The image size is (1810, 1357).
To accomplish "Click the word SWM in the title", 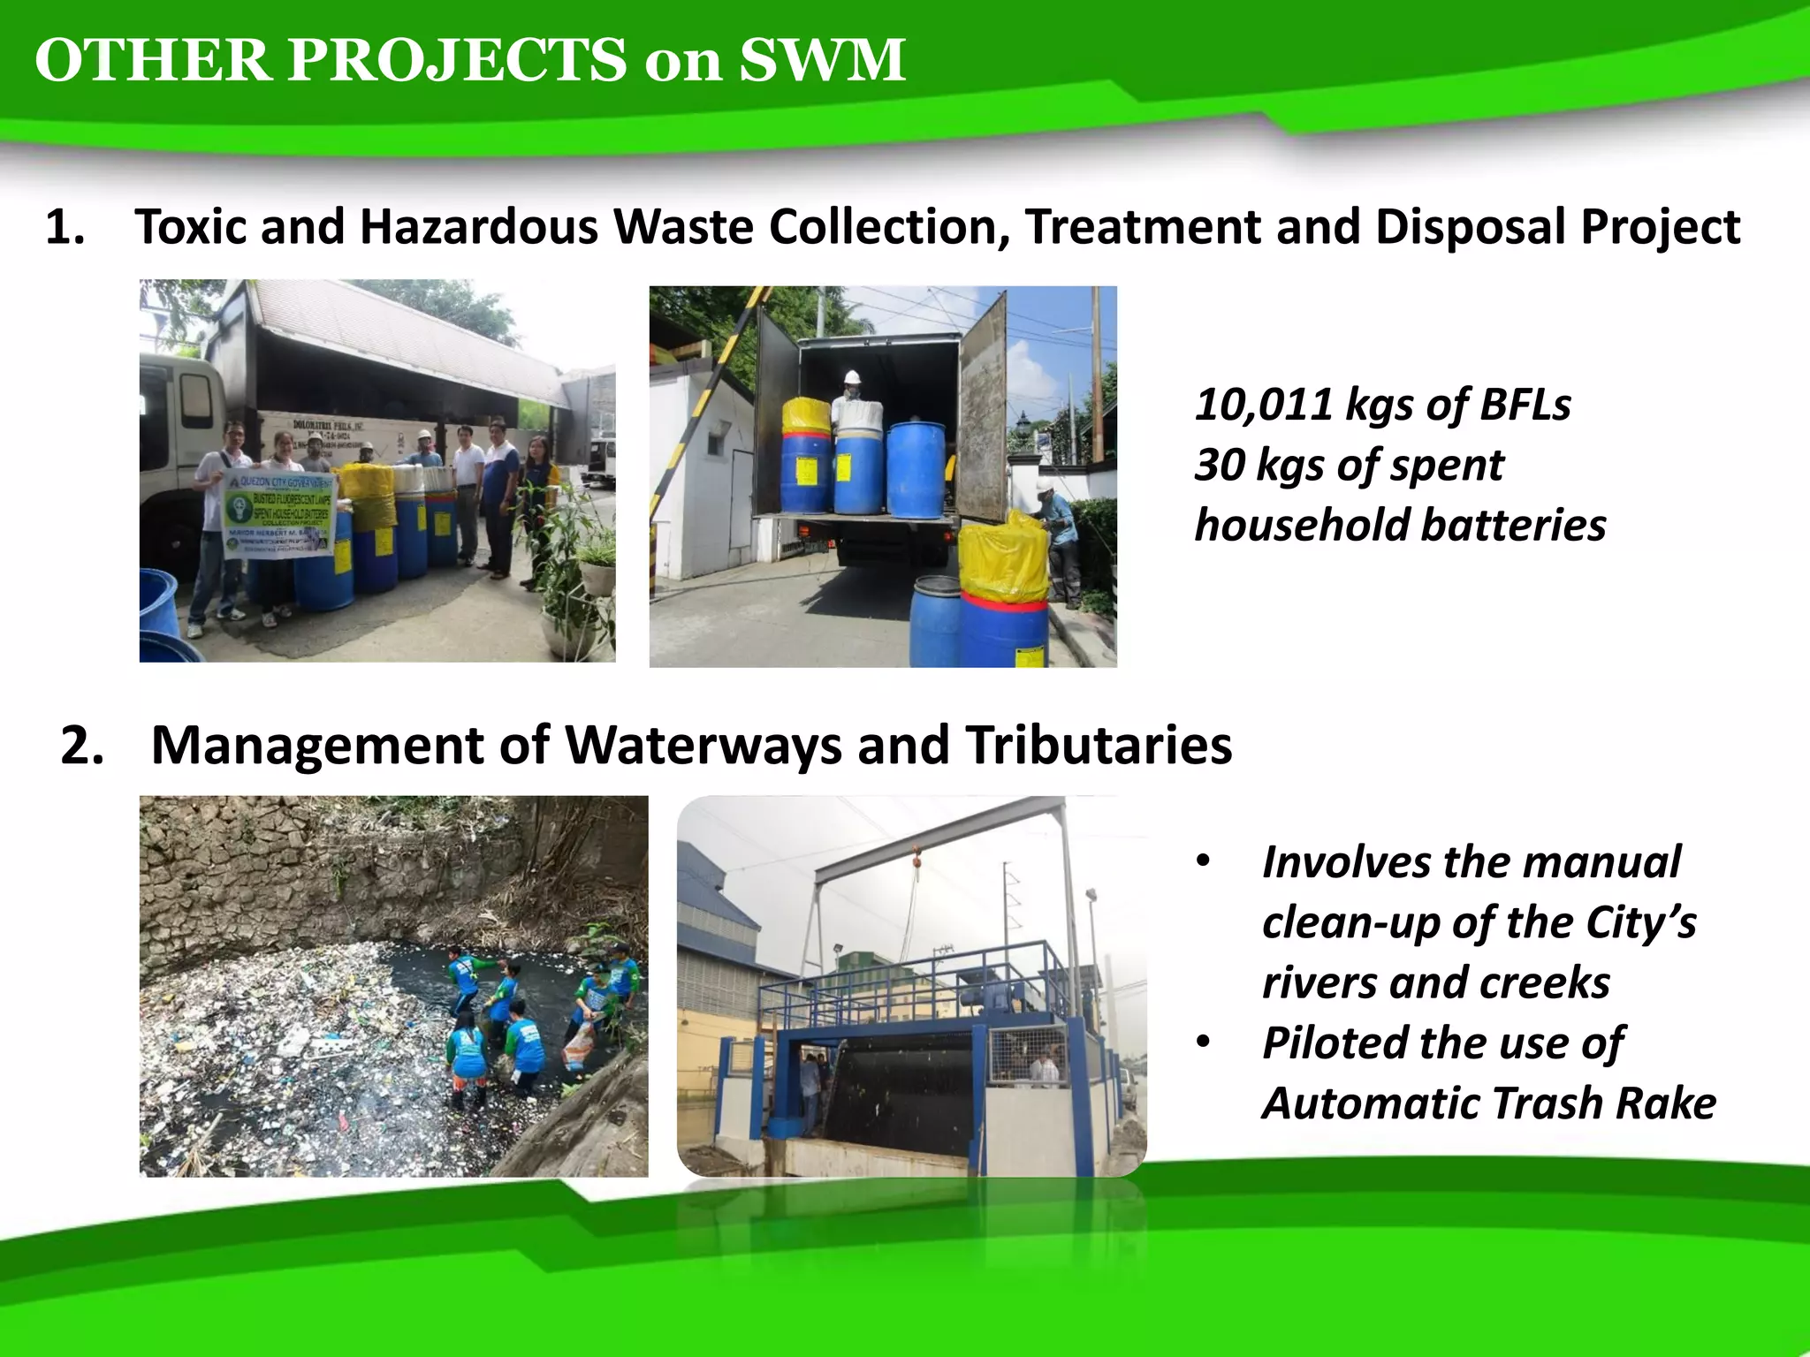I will (x=821, y=60).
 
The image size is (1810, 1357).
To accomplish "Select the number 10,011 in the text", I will (x=1263, y=405).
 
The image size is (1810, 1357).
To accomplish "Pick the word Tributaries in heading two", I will (x=1098, y=745).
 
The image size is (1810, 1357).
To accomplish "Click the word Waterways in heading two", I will (x=703, y=745).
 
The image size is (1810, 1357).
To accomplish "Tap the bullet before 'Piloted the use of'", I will (x=1202, y=1042).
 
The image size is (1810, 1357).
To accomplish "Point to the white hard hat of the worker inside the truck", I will (x=851, y=377).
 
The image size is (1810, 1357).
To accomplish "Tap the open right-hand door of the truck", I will (x=983, y=415).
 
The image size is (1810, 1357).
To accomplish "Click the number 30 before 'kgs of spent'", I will (x=1219, y=465).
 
